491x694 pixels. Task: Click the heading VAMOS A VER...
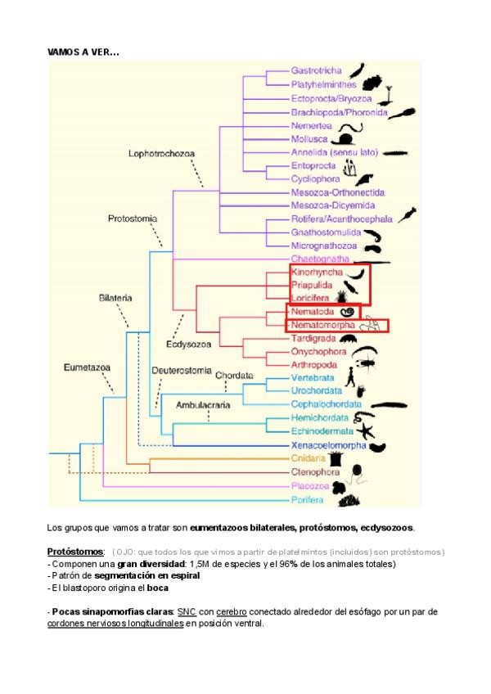click(x=83, y=52)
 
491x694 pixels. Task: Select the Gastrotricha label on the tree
click(x=317, y=70)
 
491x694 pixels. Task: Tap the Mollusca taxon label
click(x=311, y=139)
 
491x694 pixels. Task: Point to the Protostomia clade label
click(x=133, y=219)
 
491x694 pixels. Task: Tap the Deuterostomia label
click(x=182, y=370)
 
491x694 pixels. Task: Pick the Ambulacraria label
click(x=204, y=404)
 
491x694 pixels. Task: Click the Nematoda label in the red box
click(x=313, y=312)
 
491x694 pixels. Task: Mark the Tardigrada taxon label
click(x=314, y=338)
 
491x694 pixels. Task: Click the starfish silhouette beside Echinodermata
click(x=366, y=428)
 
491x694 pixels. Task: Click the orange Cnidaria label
click(x=309, y=458)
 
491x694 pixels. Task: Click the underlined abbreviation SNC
click(x=186, y=611)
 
